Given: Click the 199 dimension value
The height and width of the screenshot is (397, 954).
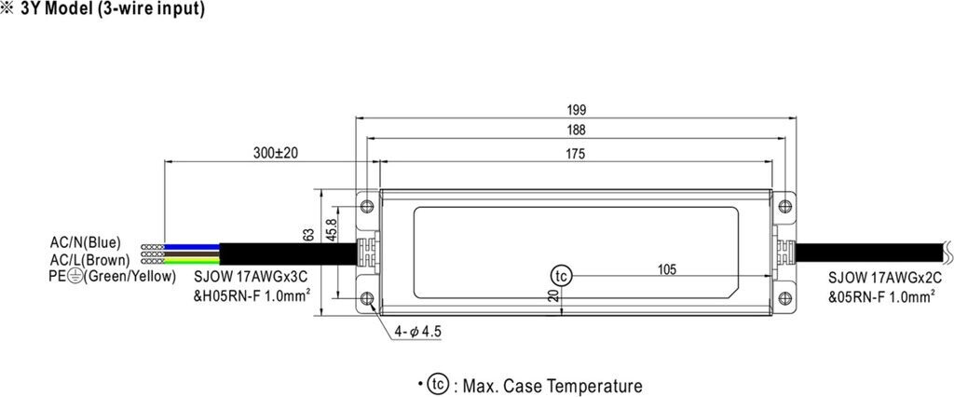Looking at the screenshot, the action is pos(577,110).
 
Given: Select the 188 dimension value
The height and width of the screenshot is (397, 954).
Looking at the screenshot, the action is pos(577,132).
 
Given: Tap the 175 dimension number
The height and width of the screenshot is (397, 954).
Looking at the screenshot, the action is pos(576,155).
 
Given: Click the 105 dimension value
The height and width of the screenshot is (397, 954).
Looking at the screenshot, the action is pos(667,270).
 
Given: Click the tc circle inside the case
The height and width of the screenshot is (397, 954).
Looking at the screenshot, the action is pos(560,277).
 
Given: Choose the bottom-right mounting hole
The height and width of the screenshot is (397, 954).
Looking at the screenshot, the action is pos(785,299).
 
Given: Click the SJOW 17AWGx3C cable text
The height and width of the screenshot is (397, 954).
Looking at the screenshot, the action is pos(252,277).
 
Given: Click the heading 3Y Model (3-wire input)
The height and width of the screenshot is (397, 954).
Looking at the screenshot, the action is pos(112,9).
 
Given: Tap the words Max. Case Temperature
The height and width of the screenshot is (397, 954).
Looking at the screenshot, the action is pos(549,385).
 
